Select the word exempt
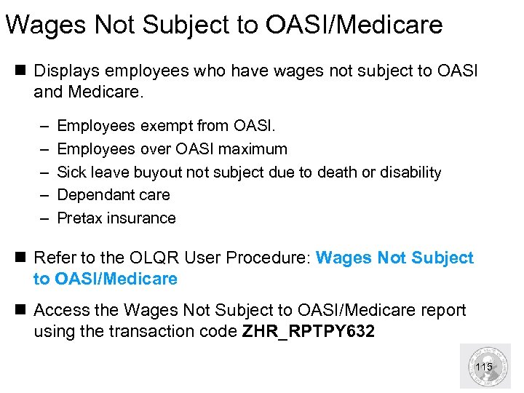tap(166, 126)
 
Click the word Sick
tap(71, 172)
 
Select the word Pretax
tap(79, 218)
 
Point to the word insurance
tap(141, 218)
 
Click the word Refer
tap(55, 258)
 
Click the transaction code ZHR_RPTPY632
tap(309, 333)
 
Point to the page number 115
tap(483, 367)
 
